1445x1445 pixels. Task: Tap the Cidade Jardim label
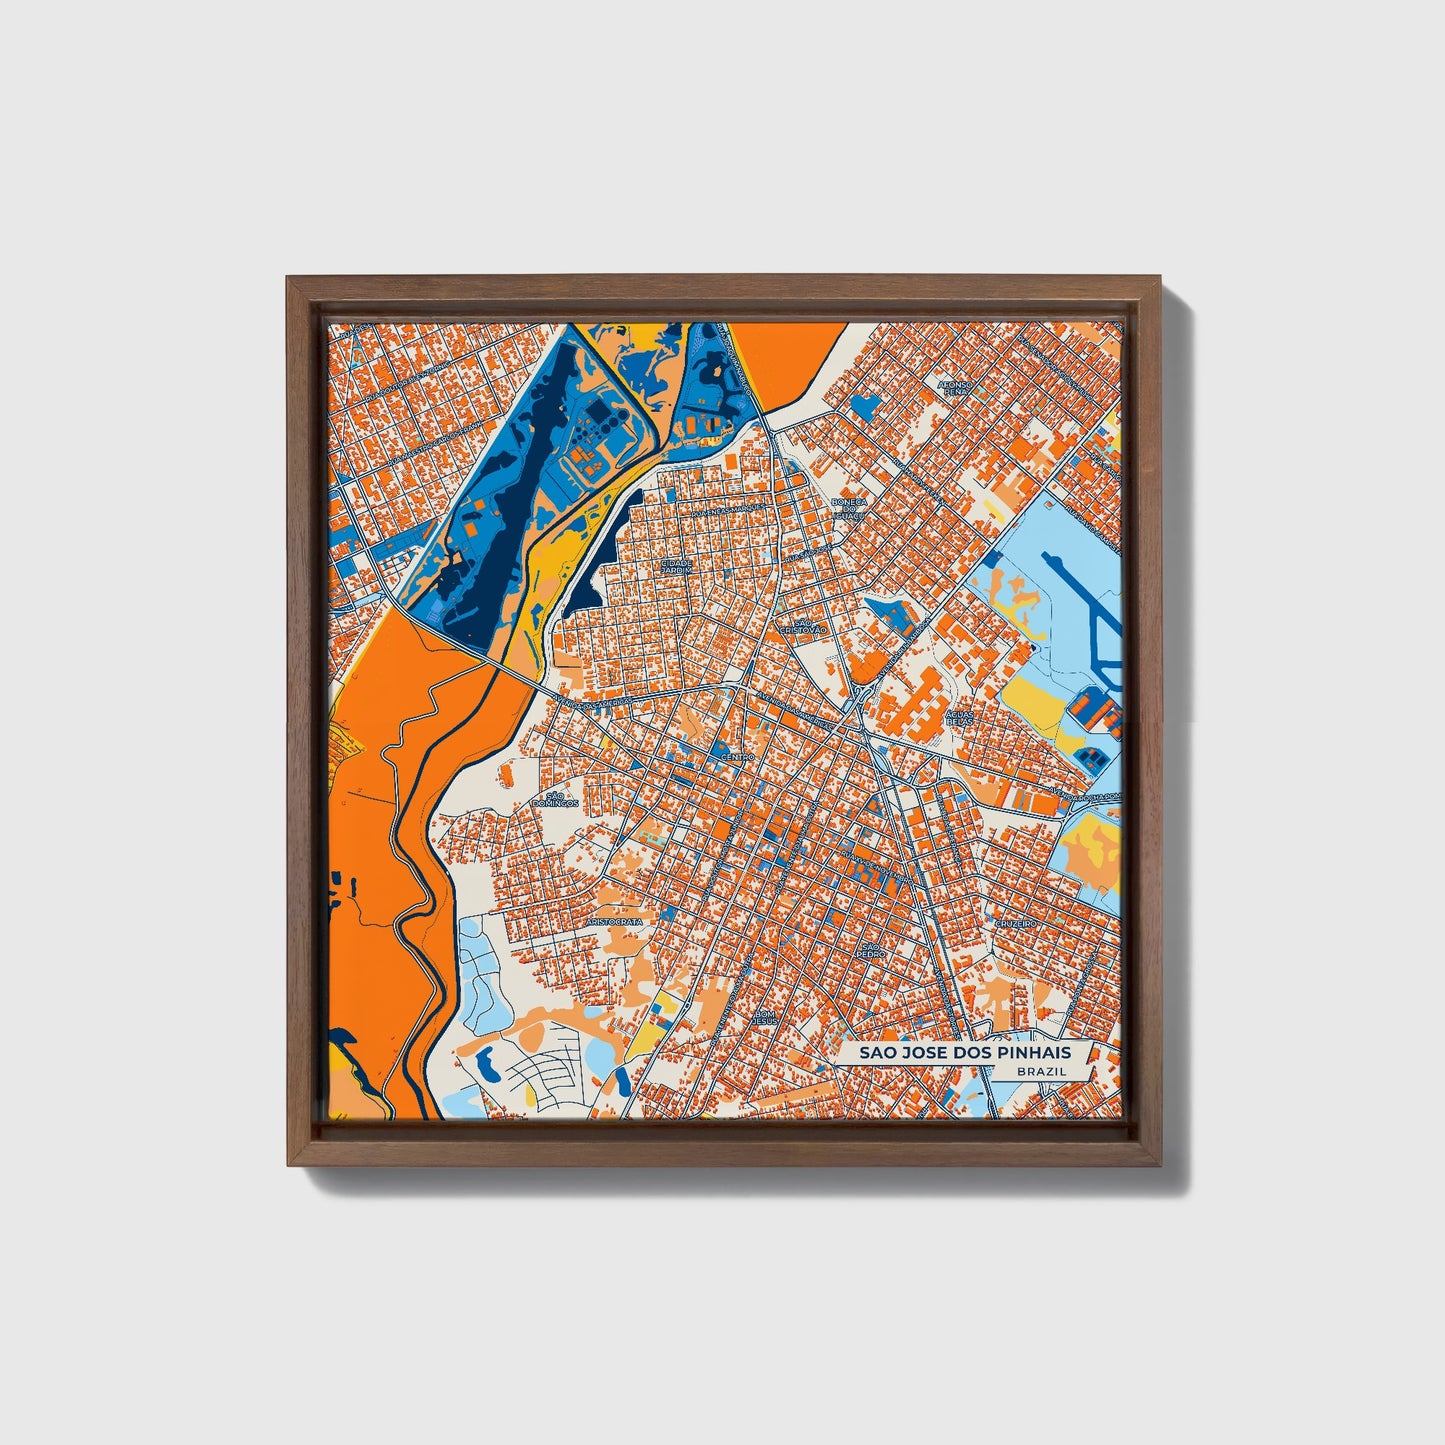click(x=676, y=566)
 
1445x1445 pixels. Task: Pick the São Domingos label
click(x=555, y=798)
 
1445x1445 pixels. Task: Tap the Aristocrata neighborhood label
click(x=613, y=919)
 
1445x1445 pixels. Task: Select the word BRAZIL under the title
click(x=1039, y=1071)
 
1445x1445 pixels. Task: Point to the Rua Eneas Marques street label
click(x=717, y=512)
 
